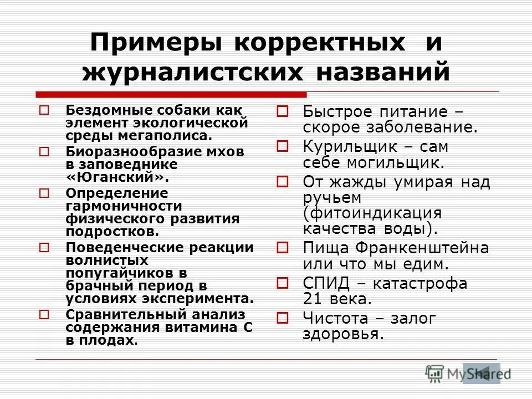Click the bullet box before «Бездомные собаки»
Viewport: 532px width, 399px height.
click(x=45, y=110)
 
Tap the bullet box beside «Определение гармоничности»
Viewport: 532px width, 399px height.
click(x=45, y=193)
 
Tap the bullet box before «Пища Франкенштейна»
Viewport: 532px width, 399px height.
click(x=282, y=248)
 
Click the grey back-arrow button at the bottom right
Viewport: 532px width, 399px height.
click(x=481, y=373)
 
